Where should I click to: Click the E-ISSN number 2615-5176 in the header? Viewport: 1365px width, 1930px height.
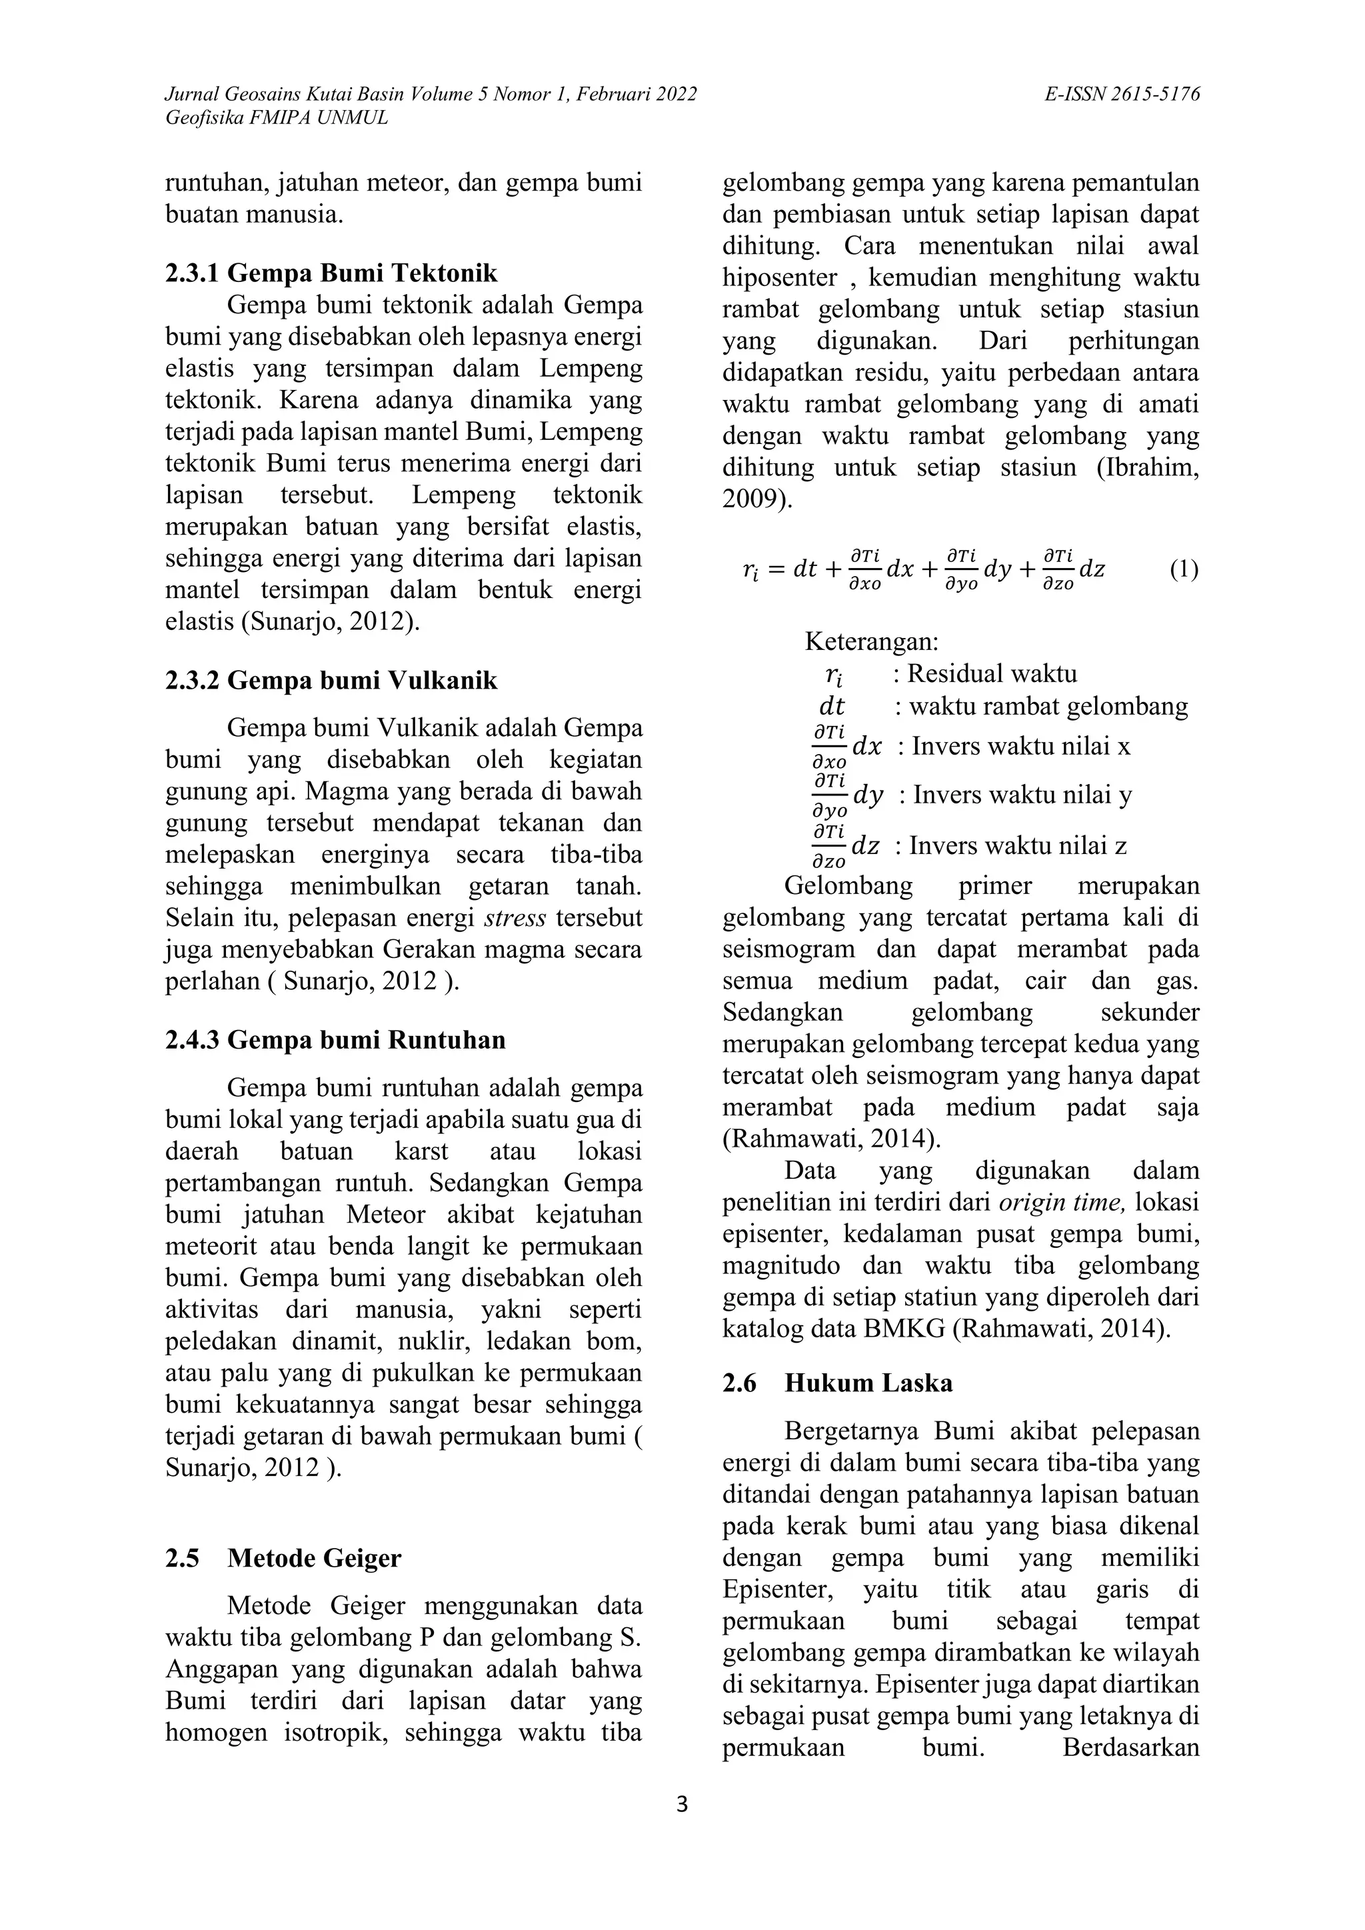coord(1149,94)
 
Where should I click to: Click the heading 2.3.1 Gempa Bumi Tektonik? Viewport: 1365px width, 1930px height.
coord(331,273)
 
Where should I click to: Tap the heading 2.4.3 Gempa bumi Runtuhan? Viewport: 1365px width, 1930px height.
coord(335,1040)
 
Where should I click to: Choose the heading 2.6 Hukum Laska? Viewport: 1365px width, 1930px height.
coord(837,1383)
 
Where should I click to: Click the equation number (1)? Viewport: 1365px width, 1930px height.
coord(1184,569)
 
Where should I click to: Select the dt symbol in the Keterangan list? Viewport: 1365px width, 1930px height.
coord(831,707)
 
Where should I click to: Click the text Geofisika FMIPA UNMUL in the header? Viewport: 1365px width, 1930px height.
coord(277,118)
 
